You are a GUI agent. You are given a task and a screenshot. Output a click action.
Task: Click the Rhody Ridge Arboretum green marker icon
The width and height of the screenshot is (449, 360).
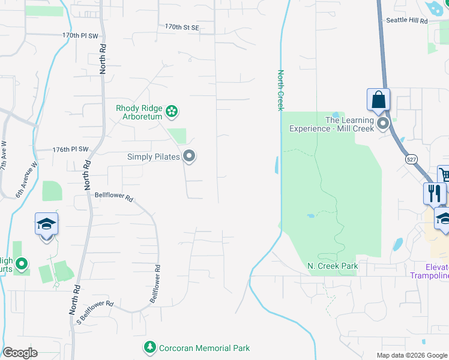[x=172, y=110]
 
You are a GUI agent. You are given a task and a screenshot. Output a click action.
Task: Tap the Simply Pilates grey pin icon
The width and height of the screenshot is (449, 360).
[x=190, y=157]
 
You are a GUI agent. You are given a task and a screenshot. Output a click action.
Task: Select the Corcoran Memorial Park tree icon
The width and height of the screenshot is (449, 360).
[x=149, y=347]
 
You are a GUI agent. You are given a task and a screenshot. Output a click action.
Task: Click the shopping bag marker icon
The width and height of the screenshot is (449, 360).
[x=378, y=100]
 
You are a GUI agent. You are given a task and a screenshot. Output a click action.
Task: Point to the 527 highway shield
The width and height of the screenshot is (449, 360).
[x=411, y=159]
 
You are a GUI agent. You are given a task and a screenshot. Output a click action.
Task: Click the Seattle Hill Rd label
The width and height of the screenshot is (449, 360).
[x=406, y=20]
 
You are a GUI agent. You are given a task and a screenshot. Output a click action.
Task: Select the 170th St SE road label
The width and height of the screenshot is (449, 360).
[x=181, y=27]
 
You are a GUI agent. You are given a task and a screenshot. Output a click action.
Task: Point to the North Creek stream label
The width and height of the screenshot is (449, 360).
[x=280, y=90]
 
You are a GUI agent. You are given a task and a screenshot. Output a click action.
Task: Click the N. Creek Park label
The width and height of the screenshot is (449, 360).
[x=333, y=266]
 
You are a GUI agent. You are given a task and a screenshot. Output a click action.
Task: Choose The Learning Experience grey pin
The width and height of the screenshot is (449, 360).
[x=383, y=124]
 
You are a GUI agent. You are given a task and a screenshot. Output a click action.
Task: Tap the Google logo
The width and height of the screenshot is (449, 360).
[x=20, y=353]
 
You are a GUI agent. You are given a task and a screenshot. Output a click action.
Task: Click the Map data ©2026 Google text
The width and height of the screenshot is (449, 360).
[x=411, y=355]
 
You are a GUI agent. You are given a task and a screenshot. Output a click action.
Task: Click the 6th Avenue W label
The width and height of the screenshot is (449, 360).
[x=26, y=181]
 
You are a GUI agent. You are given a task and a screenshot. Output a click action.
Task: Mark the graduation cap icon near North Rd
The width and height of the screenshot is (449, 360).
[x=47, y=224]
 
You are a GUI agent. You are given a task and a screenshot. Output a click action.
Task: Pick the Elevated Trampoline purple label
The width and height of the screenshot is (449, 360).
[x=429, y=271]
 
